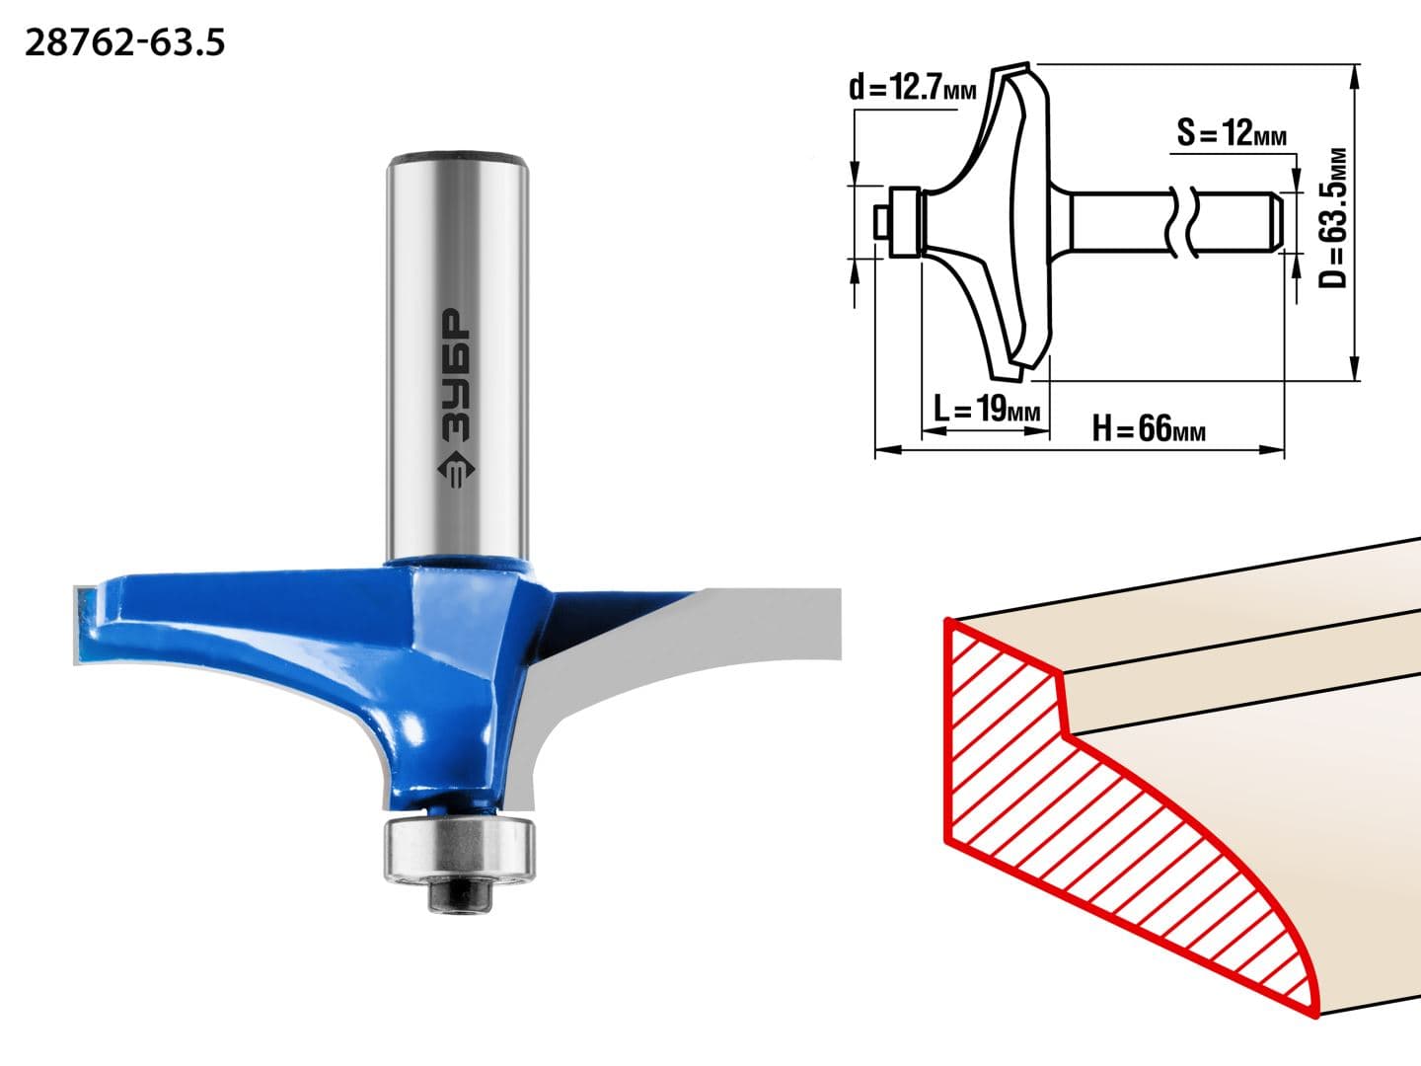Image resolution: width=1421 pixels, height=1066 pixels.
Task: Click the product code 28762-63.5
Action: pos(125,44)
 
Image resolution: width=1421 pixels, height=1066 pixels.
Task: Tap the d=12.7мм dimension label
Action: pos(912,87)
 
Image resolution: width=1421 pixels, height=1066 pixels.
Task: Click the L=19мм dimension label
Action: pos(987,409)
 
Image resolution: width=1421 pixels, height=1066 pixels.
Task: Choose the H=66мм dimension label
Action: pos(1149,428)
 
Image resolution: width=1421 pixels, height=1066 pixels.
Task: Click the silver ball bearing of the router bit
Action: pos(460,849)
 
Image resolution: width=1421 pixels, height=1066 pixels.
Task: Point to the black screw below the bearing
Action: pos(460,897)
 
